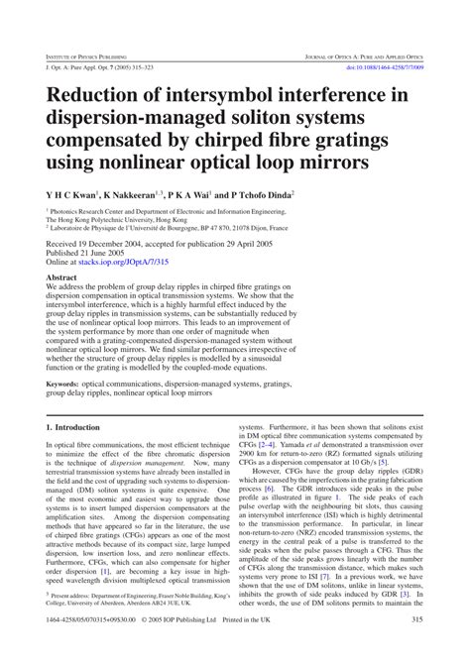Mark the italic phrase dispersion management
(145, 463)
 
